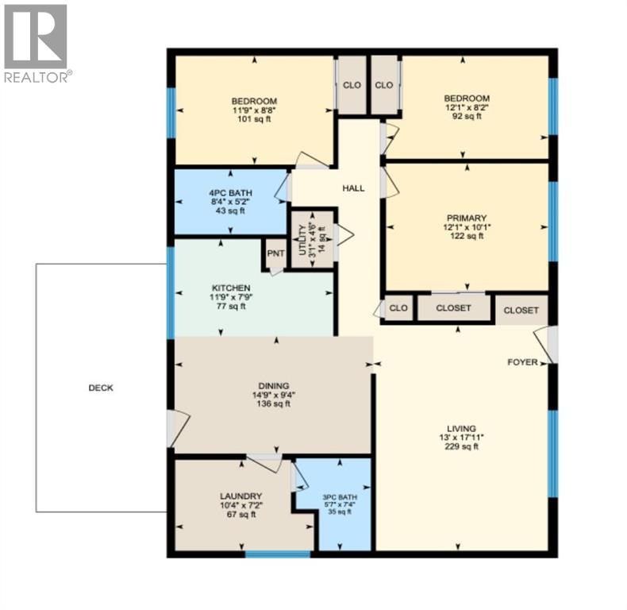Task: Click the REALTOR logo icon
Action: click(x=36, y=37)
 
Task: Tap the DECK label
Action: click(x=101, y=388)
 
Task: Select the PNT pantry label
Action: click(x=276, y=253)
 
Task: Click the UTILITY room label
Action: click(x=302, y=240)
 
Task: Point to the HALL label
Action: click(x=353, y=188)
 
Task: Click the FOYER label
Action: click(x=523, y=362)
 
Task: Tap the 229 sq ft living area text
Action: click(x=461, y=446)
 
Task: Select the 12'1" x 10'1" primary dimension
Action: click(x=467, y=227)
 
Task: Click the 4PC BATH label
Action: click(x=231, y=193)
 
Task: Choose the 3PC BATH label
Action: click(x=340, y=497)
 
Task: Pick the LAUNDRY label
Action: click(x=241, y=496)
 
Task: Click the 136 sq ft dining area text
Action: click(x=274, y=403)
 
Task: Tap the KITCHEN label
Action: click(x=231, y=288)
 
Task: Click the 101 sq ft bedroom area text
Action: click(x=254, y=119)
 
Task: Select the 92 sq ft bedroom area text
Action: click(x=467, y=116)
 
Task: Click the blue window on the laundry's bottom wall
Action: click(x=278, y=554)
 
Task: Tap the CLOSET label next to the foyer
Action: click(x=521, y=311)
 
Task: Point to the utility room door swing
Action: click(x=344, y=234)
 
